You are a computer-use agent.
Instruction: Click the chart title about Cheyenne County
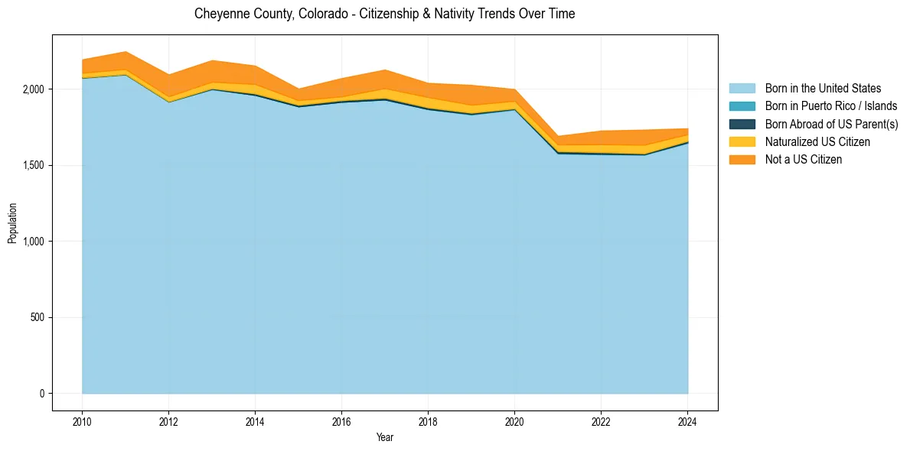coord(384,14)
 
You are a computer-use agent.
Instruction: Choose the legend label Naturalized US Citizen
coord(817,142)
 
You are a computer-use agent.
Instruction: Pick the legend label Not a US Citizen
coord(803,160)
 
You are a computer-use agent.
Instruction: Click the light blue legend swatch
coord(742,89)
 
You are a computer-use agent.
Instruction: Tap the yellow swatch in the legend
coord(742,142)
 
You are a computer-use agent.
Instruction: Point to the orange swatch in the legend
coord(742,160)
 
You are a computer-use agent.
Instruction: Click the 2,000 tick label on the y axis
coord(34,89)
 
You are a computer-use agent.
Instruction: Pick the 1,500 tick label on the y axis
coord(34,165)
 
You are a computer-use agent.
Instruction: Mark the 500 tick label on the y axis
coord(38,317)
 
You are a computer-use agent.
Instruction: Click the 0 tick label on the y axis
coord(43,394)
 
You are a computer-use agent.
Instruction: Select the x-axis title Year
coord(385,437)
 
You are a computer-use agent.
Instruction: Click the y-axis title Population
coord(12,222)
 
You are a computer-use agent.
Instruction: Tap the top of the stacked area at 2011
coord(126,52)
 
